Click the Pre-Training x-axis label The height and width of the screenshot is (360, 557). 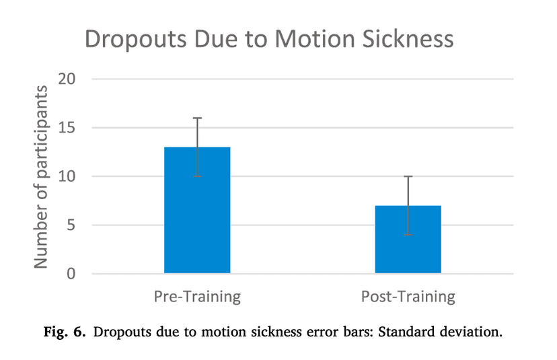[197, 297]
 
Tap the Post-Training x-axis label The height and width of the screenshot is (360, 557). [408, 297]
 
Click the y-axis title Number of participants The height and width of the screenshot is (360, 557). [42, 177]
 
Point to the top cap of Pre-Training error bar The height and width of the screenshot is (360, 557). [197, 118]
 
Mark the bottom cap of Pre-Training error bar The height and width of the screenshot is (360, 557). [197, 176]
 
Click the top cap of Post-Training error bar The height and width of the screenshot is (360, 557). [408, 176]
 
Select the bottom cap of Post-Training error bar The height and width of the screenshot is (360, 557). [408, 235]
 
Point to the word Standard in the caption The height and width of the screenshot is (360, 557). [396, 332]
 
